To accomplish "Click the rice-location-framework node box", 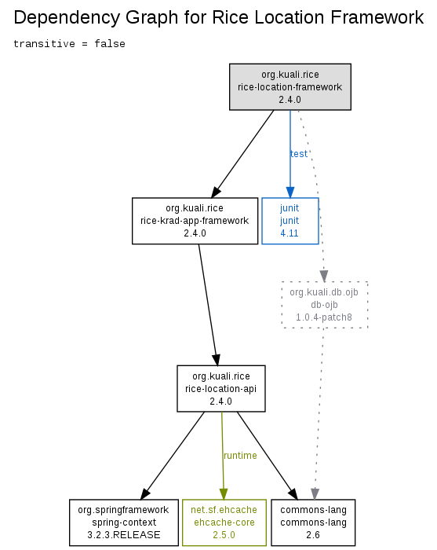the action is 290,87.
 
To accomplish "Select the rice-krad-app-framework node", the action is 195,221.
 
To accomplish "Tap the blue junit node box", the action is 290,221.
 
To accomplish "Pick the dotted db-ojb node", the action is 325,305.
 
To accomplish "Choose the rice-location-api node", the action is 221,389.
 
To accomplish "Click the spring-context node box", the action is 124,522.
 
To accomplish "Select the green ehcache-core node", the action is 224,522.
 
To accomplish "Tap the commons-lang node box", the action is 313,522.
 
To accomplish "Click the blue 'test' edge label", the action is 299,154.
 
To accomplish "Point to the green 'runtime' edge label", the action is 240,455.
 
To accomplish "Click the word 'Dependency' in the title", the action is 67,17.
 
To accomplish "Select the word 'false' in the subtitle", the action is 110,44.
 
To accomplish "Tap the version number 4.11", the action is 290,233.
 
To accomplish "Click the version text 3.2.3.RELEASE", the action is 124,535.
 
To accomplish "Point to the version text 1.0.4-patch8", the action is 324,317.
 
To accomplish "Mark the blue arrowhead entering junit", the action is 290,192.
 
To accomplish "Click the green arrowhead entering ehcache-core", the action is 224,494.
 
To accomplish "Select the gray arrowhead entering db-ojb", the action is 324,276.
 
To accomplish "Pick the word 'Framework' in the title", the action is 377,17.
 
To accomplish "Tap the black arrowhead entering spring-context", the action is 145,494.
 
